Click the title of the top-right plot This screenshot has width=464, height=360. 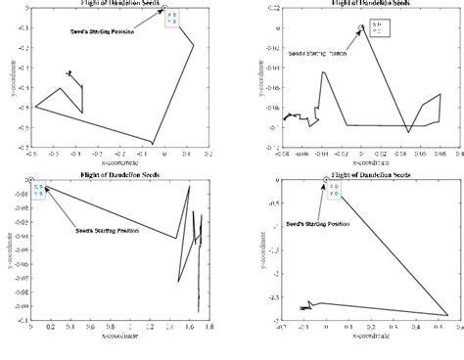[x=367, y=4]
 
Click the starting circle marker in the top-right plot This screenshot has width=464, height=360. [x=361, y=28]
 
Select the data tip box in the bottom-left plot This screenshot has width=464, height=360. [x=39, y=191]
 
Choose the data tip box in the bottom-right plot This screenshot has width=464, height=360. [x=333, y=191]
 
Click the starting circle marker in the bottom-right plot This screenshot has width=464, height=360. [x=326, y=180]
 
